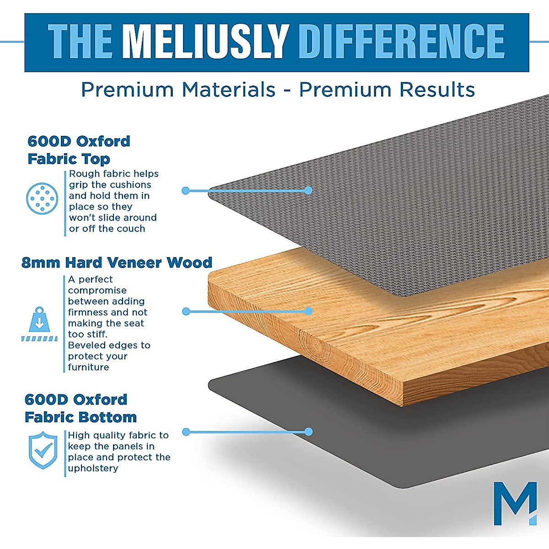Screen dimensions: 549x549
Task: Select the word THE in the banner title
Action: coord(80,42)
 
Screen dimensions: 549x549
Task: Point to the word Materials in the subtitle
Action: coord(229,90)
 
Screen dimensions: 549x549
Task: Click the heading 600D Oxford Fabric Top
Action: coord(79,150)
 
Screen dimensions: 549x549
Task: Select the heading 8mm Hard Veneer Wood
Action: coord(117,263)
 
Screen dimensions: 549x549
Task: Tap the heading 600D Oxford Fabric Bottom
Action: coord(81,408)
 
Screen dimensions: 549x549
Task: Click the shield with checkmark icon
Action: coord(43,450)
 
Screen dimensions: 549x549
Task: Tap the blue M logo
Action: coord(515,503)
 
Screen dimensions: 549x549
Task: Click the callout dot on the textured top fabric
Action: coord(308,190)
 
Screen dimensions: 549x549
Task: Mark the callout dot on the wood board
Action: coord(308,311)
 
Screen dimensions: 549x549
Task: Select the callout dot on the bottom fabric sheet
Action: coord(308,431)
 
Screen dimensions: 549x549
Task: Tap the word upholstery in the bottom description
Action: coord(93,468)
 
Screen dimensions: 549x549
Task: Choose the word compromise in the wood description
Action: coord(97,291)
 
